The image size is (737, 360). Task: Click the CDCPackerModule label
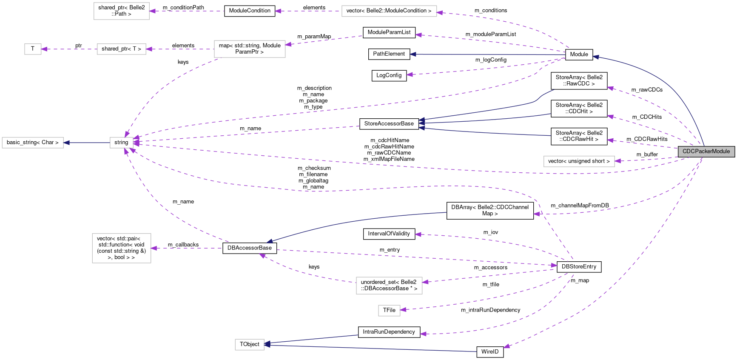(x=706, y=151)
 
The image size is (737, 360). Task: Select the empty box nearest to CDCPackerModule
(x=579, y=162)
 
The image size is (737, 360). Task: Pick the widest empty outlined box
(x=389, y=11)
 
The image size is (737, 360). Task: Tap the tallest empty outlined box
(x=122, y=248)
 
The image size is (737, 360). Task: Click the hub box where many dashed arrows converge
(x=122, y=143)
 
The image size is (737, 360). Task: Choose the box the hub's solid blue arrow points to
(x=33, y=143)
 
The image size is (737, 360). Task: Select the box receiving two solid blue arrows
(x=250, y=345)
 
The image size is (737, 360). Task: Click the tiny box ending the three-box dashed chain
(x=33, y=49)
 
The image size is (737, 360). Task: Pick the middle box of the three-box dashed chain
(x=122, y=49)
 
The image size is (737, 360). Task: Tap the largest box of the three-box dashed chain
(x=250, y=49)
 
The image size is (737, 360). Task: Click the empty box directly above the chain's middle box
(x=122, y=11)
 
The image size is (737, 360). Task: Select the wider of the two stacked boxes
(x=389, y=286)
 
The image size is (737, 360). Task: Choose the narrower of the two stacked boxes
(x=389, y=311)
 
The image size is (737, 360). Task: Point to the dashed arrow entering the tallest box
(x=187, y=248)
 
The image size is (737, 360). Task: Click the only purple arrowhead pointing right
(x=554, y=265)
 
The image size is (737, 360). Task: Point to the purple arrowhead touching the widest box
(x=440, y=13)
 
